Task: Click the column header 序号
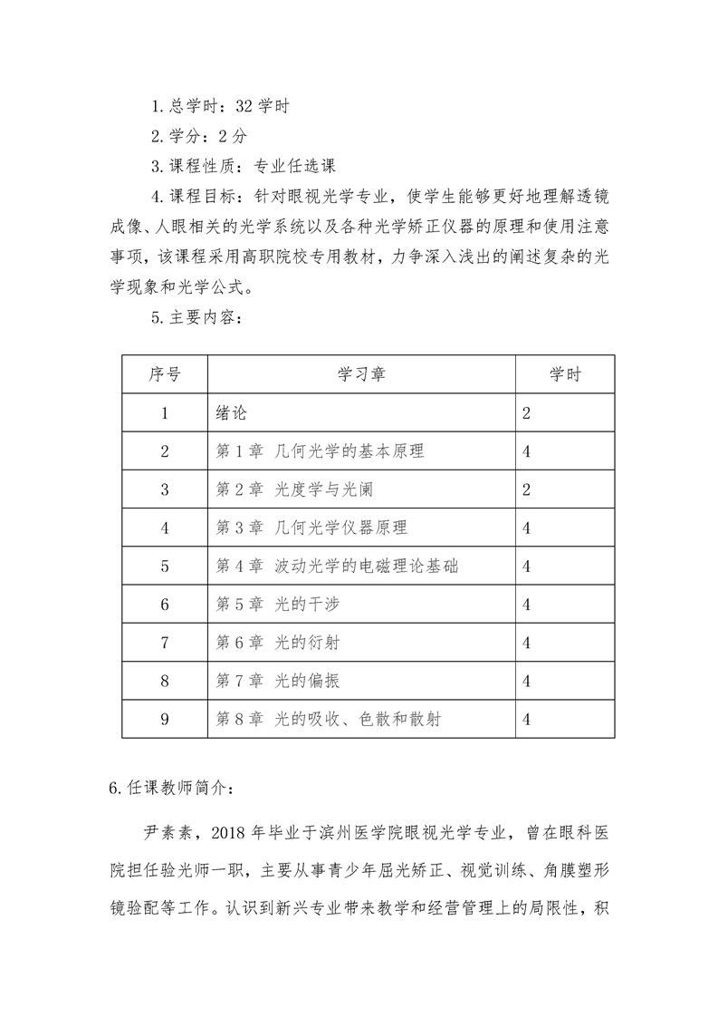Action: tap(165, 374)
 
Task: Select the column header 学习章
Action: tap(361, 374)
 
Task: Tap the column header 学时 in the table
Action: tap(565, 374)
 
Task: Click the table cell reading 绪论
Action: tap(232, 413)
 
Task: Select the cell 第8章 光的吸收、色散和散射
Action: tap(330, 720)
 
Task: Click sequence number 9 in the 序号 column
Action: tap(165, 720)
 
